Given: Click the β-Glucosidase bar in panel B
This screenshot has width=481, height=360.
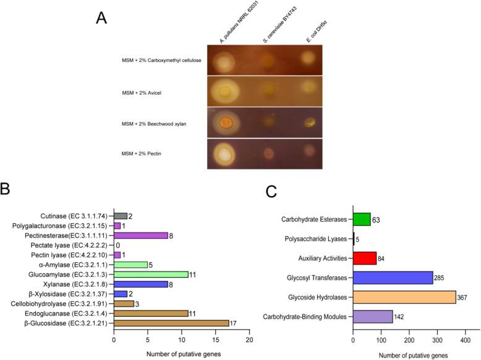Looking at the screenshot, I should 171,323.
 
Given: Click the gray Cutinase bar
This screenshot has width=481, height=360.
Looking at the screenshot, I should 121,215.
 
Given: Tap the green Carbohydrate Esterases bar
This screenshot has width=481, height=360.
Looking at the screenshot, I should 362,219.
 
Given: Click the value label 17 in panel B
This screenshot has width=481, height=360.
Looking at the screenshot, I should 234,323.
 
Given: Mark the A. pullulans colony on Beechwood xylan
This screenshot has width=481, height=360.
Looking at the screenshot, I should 227,121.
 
